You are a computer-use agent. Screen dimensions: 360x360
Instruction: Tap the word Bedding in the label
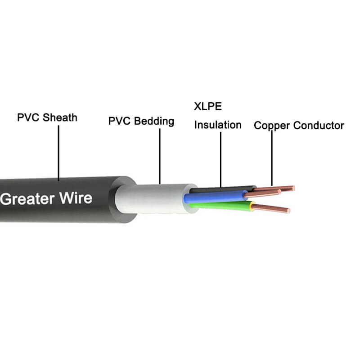154,121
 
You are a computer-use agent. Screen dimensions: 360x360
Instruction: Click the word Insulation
218,125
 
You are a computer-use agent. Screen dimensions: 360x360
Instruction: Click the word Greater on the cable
29,198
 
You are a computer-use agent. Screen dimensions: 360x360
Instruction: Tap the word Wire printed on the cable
77,198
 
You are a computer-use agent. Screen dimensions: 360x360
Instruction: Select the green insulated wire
216,206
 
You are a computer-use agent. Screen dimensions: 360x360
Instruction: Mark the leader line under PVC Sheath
58,153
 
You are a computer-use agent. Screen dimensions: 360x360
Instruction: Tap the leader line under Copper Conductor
272,157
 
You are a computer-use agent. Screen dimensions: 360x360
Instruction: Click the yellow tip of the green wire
252,207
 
